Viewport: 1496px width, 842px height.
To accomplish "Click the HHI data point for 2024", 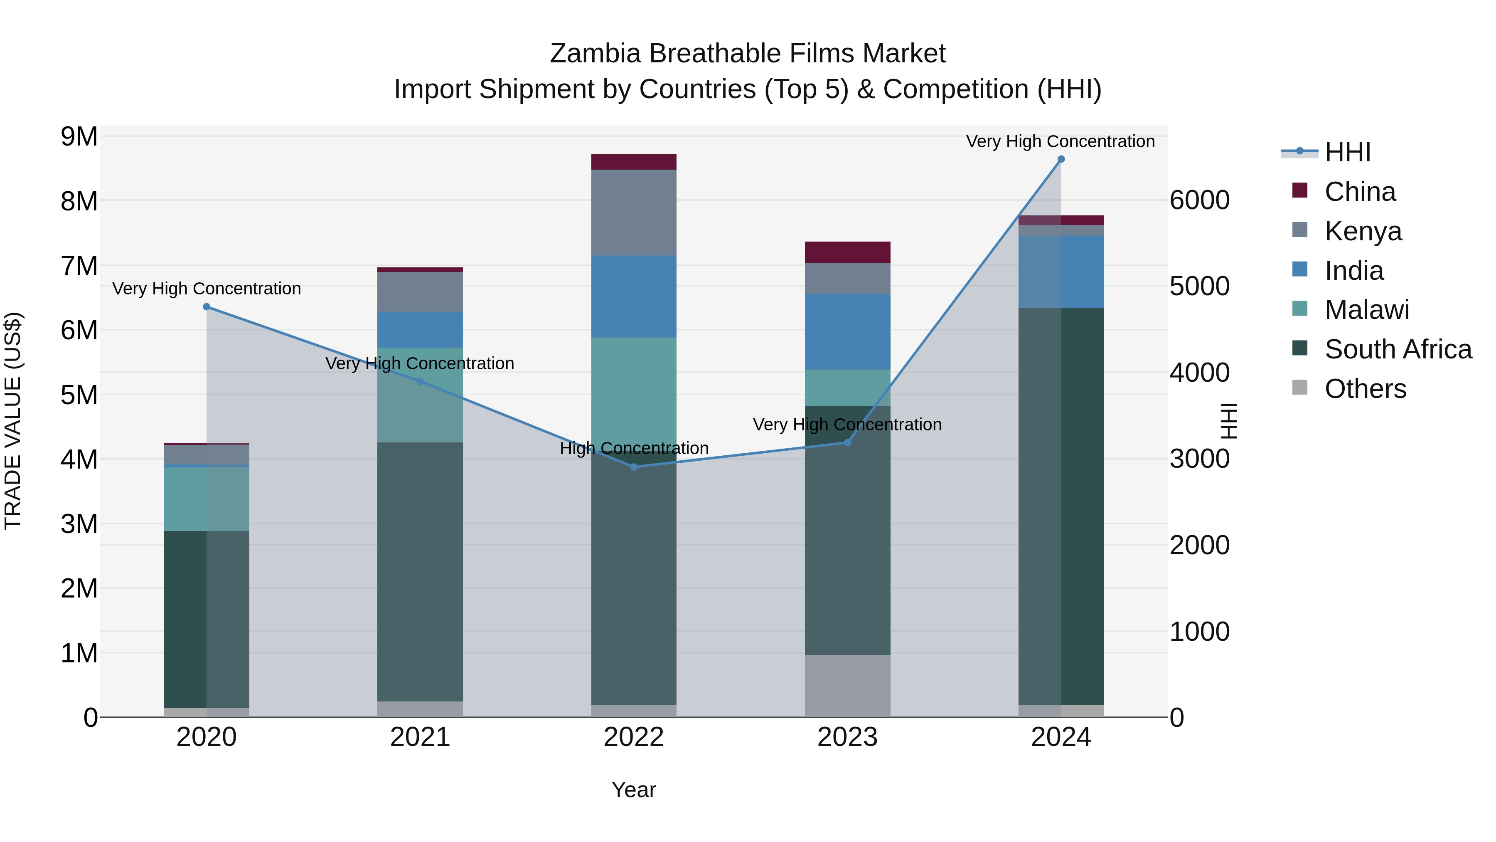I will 1061,159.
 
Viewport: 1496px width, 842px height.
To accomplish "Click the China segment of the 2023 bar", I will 847,252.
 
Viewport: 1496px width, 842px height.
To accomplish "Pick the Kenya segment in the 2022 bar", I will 634,212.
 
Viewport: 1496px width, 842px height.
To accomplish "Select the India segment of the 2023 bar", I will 847,332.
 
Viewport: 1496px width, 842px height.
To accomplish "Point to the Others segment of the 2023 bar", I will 847,686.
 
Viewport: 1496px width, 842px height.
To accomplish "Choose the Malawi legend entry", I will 1366,310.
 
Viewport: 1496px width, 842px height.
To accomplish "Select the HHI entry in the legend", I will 1347,152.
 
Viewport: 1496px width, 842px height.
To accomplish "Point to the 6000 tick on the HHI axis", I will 1199,200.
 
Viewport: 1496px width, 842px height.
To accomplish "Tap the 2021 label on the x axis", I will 420,737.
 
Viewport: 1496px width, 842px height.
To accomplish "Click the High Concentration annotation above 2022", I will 634,448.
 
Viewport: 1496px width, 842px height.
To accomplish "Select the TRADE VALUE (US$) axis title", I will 13,421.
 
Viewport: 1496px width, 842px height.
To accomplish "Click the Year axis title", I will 634,790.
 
